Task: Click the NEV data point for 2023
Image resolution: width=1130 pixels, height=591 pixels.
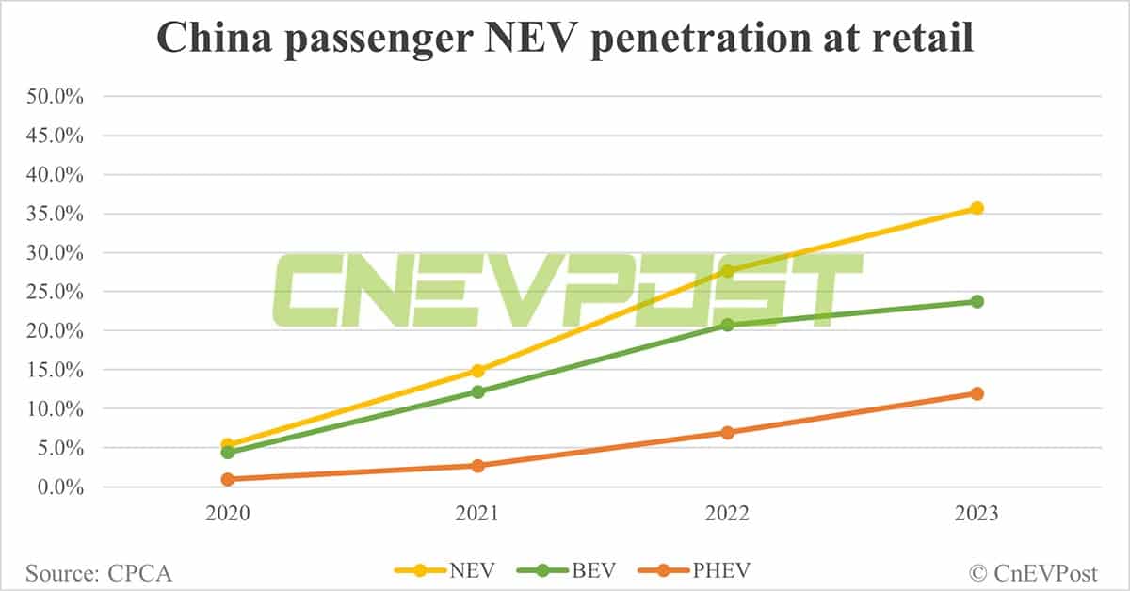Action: tap(977, 208)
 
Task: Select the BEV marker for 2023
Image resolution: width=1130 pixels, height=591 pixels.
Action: tap(977, 301)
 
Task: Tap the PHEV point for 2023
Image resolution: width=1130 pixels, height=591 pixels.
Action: tap(977, 393)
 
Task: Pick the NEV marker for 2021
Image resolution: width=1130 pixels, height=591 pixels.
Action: tap(477, 371)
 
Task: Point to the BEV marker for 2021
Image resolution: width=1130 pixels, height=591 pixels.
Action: tap(477, 391)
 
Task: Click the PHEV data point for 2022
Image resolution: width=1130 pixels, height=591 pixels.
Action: tap(727, 433)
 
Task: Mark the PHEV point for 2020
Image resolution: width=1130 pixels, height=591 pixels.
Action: tap(227, 479)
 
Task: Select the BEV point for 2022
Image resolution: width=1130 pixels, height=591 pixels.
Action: tap(727, 325)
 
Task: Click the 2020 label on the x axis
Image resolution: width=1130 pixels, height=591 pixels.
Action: tap(227, 516)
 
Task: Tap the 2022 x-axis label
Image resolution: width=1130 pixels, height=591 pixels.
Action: tap(727, 516)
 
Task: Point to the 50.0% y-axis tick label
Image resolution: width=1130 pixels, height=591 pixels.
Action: tap(57, 96)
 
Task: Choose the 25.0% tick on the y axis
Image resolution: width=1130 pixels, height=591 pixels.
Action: tap(57, 292)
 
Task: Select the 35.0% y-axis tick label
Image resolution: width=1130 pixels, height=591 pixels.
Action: tap(57, 214)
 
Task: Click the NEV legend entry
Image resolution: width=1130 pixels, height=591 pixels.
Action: tap(443, 569)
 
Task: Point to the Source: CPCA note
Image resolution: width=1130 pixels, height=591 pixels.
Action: tap(99, 571)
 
